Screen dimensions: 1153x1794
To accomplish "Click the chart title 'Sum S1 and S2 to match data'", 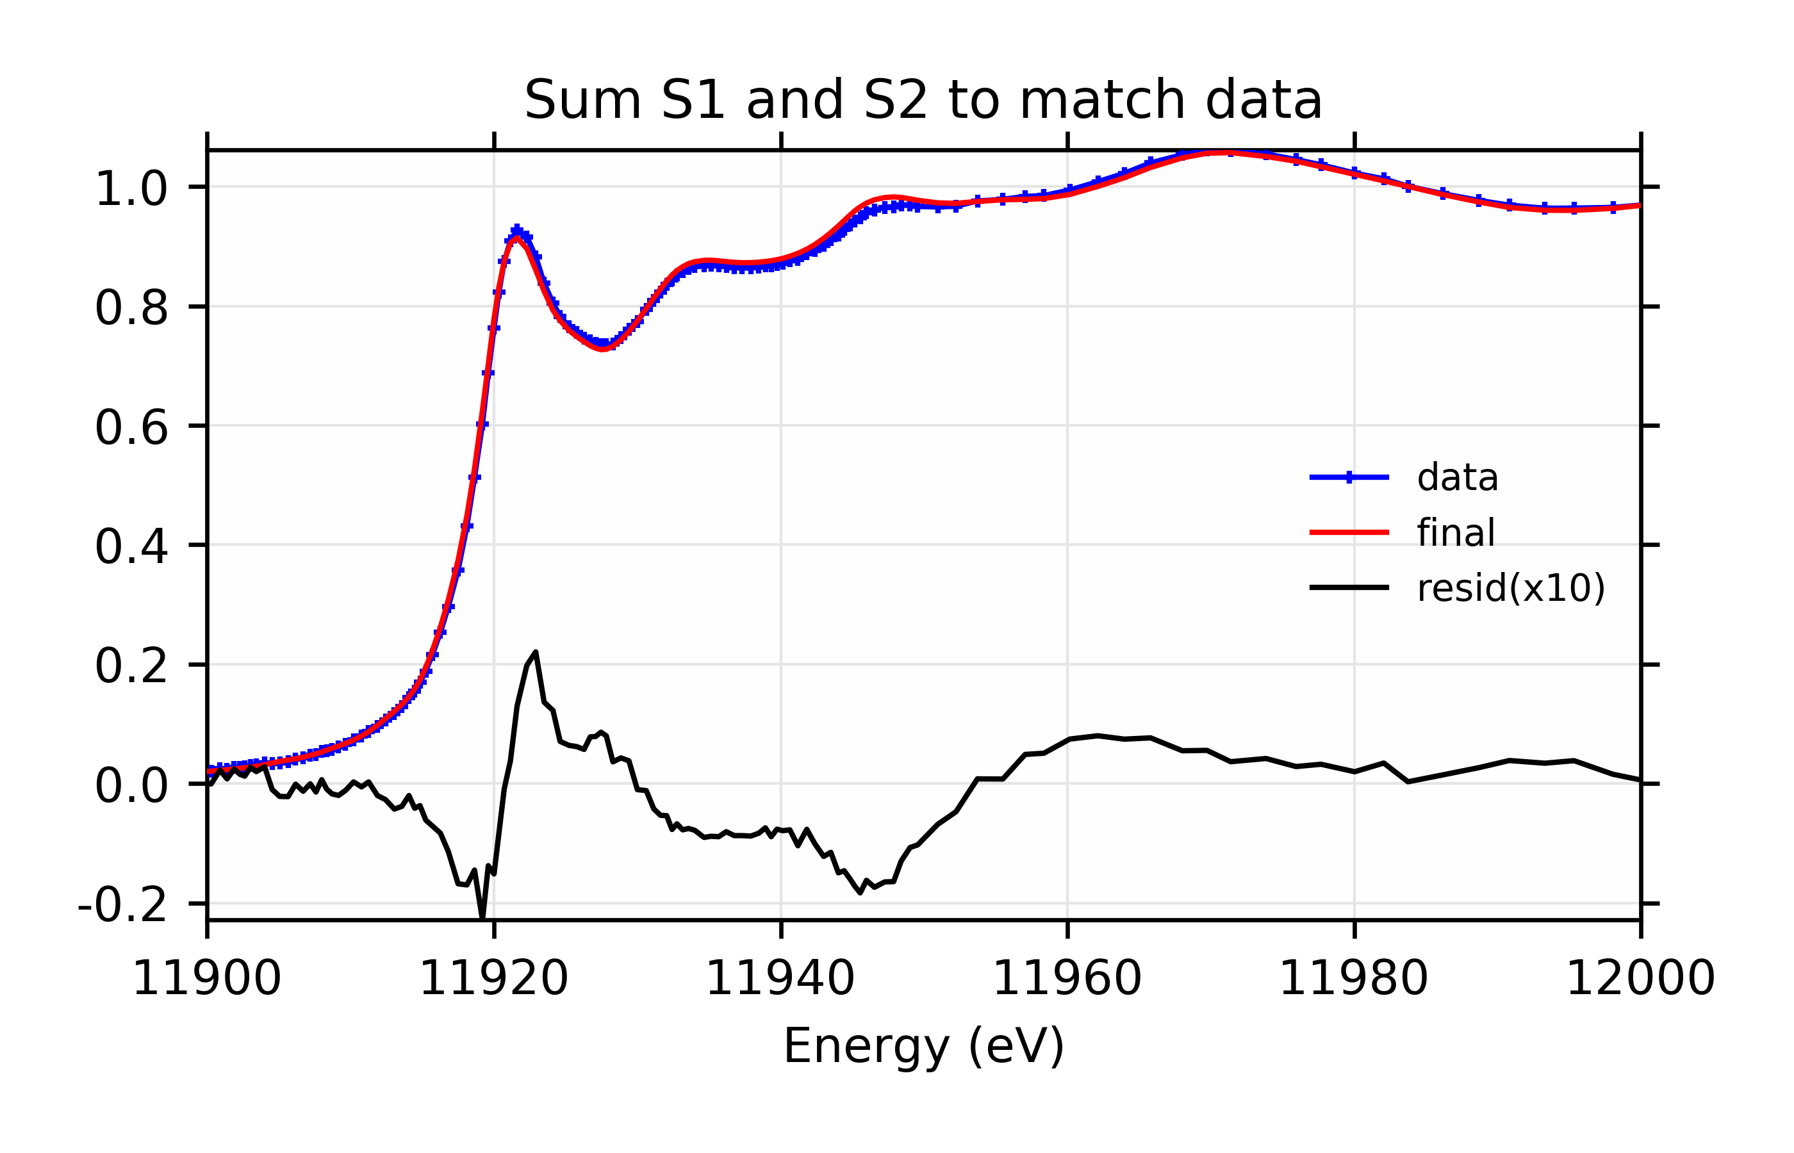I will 923,99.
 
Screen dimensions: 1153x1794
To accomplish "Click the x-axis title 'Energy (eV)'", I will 923,1046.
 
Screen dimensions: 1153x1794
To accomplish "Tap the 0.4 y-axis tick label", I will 131,547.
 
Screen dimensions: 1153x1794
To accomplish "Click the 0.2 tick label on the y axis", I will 131,666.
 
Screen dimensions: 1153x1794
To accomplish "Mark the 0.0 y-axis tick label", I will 131,787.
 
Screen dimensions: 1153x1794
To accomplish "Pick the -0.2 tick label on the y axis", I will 122,906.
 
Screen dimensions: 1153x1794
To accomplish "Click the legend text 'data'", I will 1457,478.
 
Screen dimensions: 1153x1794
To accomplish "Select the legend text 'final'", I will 1456,533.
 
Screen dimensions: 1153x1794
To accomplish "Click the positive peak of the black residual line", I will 536,652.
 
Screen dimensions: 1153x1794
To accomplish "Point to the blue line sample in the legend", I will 1349,477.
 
